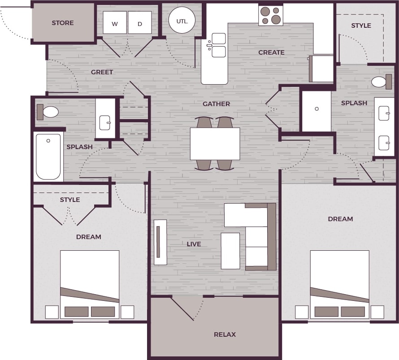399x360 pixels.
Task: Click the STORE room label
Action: click(63, 23)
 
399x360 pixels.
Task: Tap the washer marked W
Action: click(115, 23)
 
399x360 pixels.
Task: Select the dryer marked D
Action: click(139, 23)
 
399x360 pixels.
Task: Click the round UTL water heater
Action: click(182, 21)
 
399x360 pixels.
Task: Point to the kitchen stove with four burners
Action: click(271, 15)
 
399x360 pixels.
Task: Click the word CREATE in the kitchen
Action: click(271, 52)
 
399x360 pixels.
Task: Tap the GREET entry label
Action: click(102, 72)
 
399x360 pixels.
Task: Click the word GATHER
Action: click(216, 104)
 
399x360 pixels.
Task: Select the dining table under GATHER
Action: click(215, 144)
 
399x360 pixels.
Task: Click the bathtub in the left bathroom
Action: click(48, 157)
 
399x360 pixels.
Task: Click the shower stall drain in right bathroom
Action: click(317, 109)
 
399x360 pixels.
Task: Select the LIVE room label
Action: click(194, 244)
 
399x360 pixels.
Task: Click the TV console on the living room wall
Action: click(160, 242)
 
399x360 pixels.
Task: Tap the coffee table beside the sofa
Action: click(230, 251)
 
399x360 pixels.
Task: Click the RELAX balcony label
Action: click(225, 334)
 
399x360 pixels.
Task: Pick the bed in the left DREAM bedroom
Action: click(90, 282)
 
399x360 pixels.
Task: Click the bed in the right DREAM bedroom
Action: click(339, 282)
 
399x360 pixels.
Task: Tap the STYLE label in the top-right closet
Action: click(361, 26)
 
